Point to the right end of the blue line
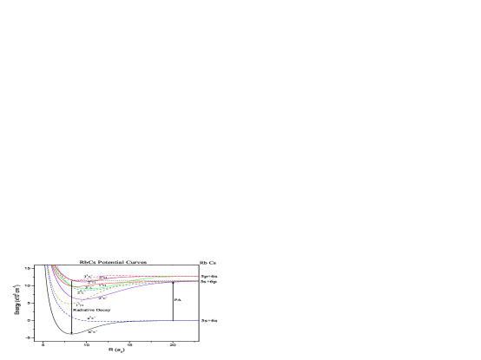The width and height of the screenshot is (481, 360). pyautogui.click(x=199, y=321)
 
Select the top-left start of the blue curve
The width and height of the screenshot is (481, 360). pyautogui.click(x=48, y=265)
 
